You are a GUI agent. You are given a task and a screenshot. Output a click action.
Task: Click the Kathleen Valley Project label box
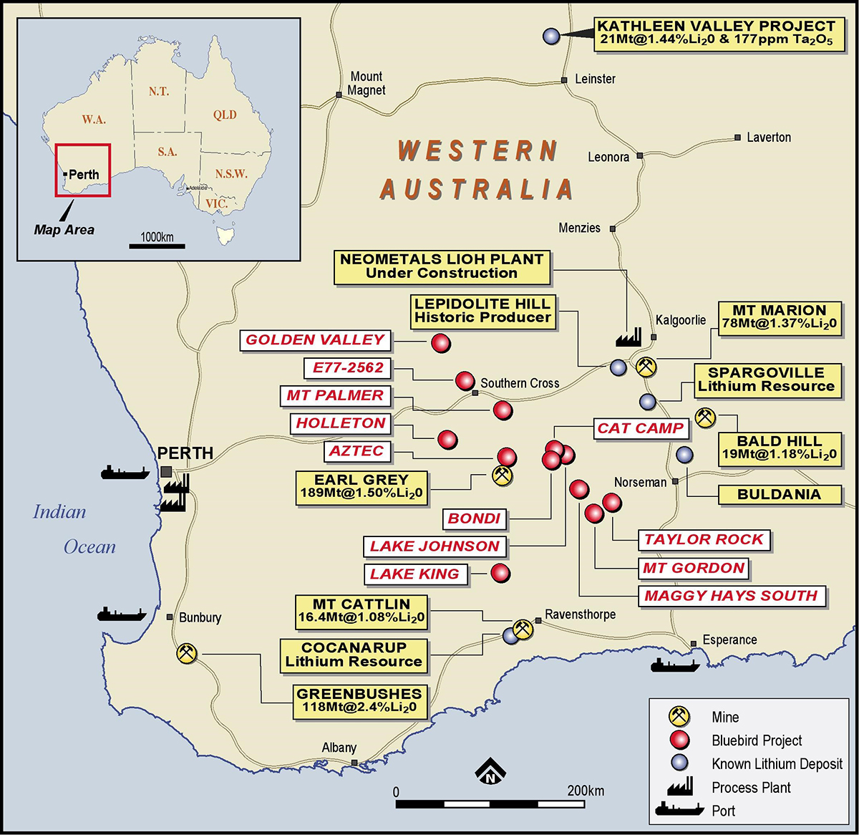718,33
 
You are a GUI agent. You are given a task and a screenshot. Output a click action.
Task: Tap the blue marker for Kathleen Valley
550,35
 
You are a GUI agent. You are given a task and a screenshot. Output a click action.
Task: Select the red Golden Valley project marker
441,343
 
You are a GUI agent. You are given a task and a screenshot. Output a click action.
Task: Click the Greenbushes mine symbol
186,653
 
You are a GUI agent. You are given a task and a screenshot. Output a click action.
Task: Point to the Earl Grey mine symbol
503,475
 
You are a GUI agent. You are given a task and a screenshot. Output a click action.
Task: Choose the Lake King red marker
500,573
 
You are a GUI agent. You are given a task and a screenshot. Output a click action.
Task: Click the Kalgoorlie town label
680,320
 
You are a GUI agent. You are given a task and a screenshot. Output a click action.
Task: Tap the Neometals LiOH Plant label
442,266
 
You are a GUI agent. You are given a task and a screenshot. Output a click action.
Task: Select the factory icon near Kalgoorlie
628,337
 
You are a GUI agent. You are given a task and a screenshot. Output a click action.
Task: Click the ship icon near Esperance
674,665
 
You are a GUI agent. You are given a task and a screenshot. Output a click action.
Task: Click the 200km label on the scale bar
586,791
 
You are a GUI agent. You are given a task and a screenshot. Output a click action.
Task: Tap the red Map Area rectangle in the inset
83,170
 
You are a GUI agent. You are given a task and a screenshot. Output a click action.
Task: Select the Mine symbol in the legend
678,716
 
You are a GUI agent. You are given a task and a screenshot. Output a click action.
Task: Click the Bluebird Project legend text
756,740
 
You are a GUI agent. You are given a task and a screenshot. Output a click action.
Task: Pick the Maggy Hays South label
731,596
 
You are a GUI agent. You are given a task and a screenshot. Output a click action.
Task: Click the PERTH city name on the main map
185,453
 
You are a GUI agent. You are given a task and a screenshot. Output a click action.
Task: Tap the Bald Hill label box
779,448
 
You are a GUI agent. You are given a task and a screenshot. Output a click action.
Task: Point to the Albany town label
339,748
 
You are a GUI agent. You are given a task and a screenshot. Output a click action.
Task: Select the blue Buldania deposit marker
684,455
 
